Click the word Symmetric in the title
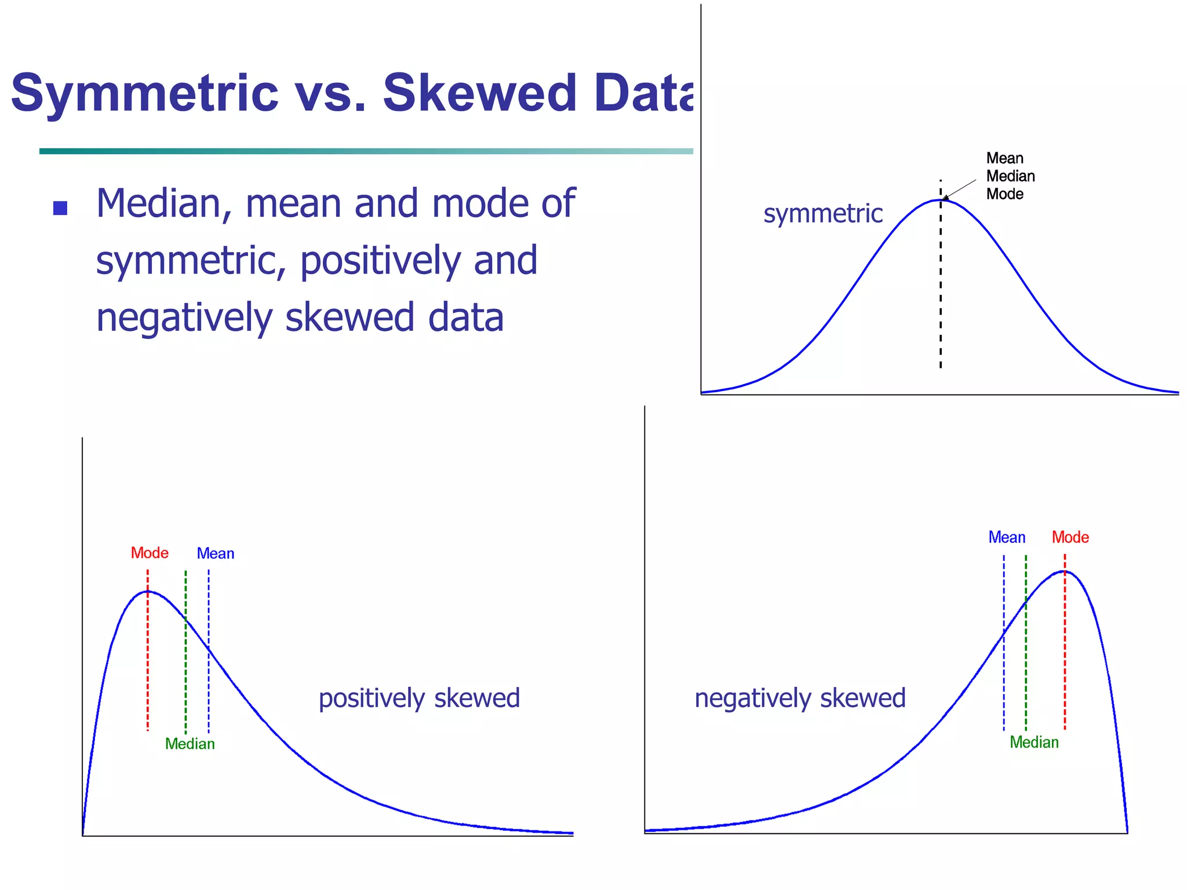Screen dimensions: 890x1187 point(145,93)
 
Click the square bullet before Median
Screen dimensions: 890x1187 point(60,208)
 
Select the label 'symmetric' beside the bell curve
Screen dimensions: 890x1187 point(822,213)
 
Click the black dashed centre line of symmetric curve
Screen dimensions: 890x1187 point(941,290)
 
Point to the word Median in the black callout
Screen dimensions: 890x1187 point(1010,176)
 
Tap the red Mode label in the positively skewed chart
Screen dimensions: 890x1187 point(150,553)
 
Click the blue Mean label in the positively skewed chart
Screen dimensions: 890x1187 point(215,553)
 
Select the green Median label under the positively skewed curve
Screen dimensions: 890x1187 point(190,743)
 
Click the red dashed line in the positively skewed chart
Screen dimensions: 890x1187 point(148,666)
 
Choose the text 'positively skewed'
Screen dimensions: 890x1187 point(419,698)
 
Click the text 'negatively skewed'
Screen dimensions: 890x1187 point(800,698)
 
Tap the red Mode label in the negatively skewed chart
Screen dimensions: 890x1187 point(1070,537)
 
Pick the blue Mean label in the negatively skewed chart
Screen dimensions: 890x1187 point(1007,537)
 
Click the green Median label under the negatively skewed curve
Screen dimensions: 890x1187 point(1034,742)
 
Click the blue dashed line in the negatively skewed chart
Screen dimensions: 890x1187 point(1004,684)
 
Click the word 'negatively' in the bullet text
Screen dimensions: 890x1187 point(184,318)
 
